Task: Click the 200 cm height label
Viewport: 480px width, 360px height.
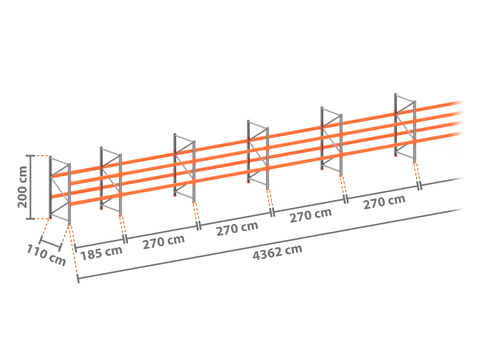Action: (22, 187)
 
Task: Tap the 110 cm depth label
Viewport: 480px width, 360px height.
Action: (46, 255)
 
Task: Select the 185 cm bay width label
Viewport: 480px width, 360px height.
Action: (101, 253)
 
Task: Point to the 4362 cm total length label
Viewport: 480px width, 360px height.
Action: (277, 252)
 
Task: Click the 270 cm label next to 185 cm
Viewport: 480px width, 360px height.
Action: (164, 242)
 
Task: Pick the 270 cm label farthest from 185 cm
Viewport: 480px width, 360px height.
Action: (384, 202)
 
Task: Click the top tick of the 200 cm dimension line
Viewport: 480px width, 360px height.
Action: (30, 156)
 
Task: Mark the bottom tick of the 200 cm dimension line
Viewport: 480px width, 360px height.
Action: (30, 219)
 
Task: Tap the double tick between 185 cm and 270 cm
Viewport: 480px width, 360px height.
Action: (125, 239)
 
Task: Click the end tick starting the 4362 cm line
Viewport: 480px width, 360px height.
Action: (78, 278)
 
